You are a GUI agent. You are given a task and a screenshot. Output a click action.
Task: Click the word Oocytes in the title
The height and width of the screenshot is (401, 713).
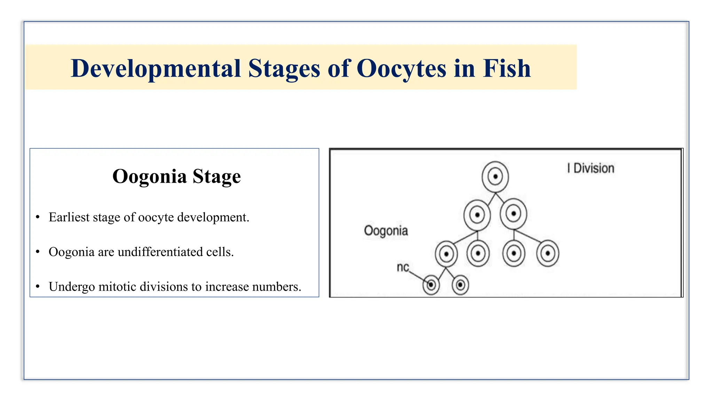coord(401,69)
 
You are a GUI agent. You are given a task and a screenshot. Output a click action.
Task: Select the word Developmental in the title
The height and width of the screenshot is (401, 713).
coord(156,69)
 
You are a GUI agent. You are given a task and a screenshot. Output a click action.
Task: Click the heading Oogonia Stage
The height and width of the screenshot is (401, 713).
coord(177,176)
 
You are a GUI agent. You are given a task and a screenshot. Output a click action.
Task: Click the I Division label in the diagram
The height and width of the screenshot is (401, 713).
coord(590,168)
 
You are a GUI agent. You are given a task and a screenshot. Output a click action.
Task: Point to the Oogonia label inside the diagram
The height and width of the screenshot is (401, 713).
coord(386,231)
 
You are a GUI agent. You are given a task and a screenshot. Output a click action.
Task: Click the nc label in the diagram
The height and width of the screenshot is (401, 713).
coord(403,267)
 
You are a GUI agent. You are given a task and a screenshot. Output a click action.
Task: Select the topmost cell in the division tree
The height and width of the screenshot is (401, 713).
coord(495,176)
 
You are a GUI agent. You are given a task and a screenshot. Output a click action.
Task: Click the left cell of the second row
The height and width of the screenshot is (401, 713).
coord(477,215)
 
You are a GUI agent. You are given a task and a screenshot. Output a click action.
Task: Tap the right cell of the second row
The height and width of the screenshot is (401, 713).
coord(513,213)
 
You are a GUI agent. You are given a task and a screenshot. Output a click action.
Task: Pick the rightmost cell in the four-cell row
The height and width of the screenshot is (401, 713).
coord(548,253)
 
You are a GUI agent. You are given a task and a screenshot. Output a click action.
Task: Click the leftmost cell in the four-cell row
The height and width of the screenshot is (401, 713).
coord(446,254)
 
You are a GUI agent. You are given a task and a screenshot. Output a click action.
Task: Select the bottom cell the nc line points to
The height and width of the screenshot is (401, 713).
coord(431,285)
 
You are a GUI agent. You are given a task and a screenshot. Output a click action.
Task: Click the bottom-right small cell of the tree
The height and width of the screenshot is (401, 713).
coord(460,285)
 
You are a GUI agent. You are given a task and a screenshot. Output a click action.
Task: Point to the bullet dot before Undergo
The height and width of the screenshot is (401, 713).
coord(38,287)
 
